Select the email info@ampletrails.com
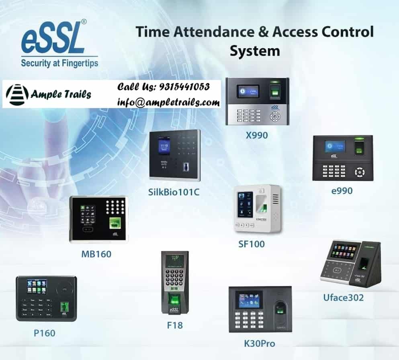[x=168, y=102]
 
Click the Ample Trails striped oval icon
[x=16, y=94]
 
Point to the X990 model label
[x=257, y=135]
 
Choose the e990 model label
[x=342, y=190]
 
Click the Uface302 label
[x=344, y=297]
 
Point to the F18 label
[x=175, y=324]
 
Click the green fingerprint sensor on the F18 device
[x=174, y=300]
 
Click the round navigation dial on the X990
[x=275, y=116]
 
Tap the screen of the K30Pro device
[x=248, y=300]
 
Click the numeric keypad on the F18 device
[x=175, y=278]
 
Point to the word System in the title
[x=254, y=51]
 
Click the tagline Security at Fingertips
[x=59, y=63]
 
